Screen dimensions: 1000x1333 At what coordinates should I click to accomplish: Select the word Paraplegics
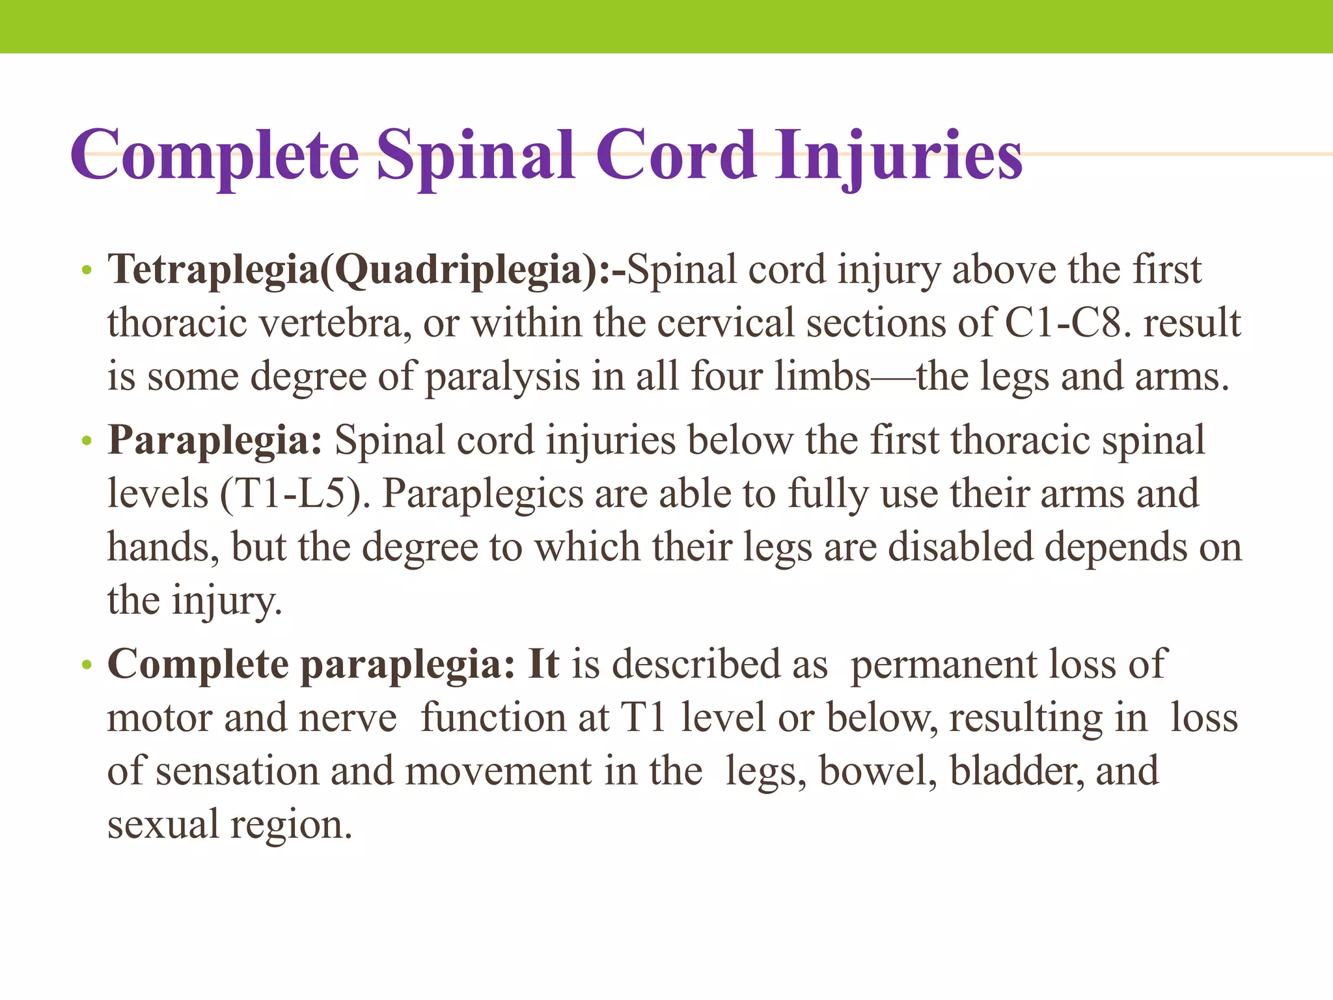(x=482, y=493)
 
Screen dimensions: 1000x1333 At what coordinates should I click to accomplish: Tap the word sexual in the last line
(x=163, y=825)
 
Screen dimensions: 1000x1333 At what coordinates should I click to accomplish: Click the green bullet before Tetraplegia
(x=87, y=271)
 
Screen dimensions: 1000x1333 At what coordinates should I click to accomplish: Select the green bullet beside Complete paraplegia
(x=87, y=666)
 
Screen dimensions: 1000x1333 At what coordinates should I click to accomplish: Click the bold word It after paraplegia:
(x=543, y=665)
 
